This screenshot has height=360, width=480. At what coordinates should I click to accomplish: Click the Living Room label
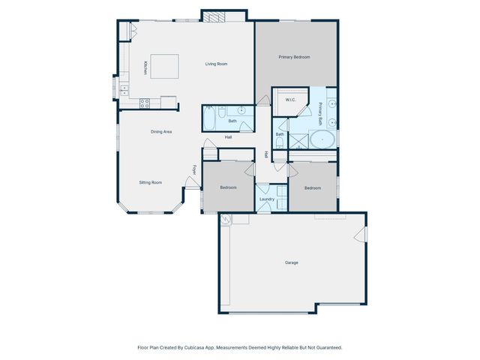[x=216, y=64]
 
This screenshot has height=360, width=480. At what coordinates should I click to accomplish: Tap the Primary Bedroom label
[x=294, y=57]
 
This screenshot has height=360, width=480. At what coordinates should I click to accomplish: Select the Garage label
[x=292, y=262]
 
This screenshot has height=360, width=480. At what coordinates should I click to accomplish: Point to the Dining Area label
[x=161, y=132]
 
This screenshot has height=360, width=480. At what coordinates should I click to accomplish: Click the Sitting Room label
[x=151, y=182]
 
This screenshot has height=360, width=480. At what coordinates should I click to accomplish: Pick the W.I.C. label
[x=291, y=100]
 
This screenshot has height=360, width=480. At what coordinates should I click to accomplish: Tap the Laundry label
[x=267, y=199]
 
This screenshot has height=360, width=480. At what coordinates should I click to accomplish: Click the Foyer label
[x=194, y=169]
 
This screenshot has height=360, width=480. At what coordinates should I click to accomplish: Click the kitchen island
[x=165, y=65]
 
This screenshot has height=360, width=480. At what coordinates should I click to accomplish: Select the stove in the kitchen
[x=145, y=103]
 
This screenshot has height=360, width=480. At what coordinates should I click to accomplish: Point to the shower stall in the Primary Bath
[x=298, y=141]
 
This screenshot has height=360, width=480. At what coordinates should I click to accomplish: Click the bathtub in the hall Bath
[x=209, y=118]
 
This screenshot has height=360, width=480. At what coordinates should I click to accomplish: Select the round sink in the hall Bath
[x=241, y=111]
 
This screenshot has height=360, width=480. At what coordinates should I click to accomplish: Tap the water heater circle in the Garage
[x=225, y=220]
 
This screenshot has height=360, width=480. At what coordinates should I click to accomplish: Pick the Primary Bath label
[x=320, y=112]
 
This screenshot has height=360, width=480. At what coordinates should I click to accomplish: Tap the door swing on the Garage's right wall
[x=361, y=235]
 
